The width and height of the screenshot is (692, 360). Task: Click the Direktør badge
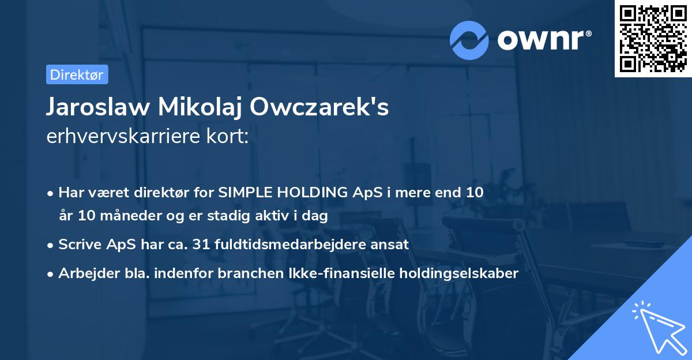(77, 74)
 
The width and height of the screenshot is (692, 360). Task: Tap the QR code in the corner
(653, 38)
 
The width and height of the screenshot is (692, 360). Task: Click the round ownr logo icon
(469, 40)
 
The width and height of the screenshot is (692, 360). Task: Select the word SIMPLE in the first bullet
(238, 193)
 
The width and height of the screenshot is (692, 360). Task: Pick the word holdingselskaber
(471, 273)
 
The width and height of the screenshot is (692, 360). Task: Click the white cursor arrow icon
(658, 327)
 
